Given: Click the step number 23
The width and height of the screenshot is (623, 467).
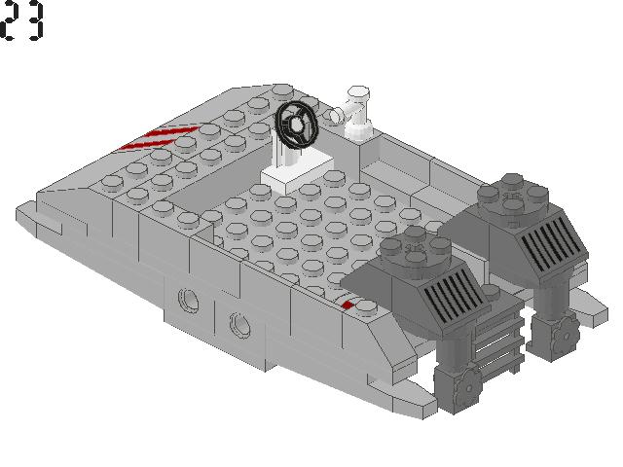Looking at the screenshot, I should click(x=22, y=21).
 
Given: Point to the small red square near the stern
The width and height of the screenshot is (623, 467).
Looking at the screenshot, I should click(x=348, y=305).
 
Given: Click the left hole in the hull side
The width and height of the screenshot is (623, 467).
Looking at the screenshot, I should click(x=189, y=298).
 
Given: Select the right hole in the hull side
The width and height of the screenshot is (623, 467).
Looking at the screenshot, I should click(x=238, y=323).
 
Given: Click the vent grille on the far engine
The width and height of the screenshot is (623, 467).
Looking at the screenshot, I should click(x=551, y=239).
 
